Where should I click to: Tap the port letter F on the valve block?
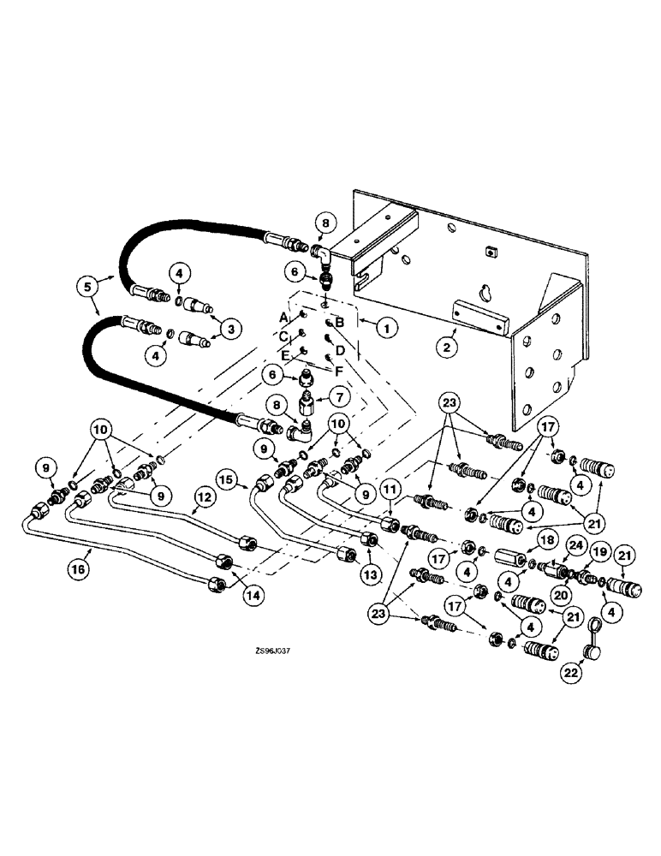[x=339, y=371]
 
